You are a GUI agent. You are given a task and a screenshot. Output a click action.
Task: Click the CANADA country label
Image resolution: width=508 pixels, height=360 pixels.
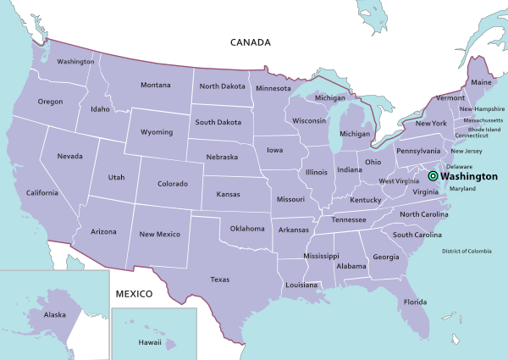tap(251, 42)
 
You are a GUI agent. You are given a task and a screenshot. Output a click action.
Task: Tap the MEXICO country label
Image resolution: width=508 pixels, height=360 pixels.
tap(134, 294)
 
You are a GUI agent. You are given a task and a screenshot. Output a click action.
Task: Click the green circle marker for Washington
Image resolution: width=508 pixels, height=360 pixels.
tap(433, 176)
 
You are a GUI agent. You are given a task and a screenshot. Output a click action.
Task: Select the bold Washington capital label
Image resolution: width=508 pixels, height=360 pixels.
tap(468, 176)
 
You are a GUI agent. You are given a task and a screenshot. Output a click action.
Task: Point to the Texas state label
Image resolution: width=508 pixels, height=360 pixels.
tap(219, 280)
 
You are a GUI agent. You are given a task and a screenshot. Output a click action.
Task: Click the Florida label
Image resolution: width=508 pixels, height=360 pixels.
tap(415, 302)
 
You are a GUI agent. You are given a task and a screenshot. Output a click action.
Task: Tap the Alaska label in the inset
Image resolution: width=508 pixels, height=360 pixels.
tap(54, 314)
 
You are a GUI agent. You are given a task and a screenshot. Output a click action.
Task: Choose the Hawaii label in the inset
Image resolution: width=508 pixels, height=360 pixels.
tap(150, 343)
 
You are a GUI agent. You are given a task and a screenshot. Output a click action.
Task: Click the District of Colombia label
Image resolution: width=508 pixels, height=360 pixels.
tap(466, 251)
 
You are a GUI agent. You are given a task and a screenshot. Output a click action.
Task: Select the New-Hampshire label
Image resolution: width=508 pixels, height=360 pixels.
tap(483, 109)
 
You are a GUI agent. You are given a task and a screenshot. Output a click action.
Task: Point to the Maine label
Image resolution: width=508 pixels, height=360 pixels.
tap(481, 82)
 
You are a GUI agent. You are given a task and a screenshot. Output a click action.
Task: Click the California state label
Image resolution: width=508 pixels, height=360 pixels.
tap(41, 193)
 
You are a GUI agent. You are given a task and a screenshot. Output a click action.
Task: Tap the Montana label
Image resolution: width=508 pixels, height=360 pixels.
tap(155, 85)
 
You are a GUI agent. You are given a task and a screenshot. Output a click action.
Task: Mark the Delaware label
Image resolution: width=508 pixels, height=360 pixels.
tap(459, 167)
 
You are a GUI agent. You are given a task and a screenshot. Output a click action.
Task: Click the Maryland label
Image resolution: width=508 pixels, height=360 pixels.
tap(462, 188)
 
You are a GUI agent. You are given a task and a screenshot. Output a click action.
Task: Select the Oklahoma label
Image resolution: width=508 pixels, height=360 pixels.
tap(247, 228)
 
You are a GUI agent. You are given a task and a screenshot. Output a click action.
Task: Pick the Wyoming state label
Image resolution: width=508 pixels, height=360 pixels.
tap(157, 132)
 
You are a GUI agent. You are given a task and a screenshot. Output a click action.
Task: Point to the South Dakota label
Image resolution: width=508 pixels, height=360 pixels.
tap(218, 122)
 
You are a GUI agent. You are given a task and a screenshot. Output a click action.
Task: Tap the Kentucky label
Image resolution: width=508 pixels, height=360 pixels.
tap(366, 200)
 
